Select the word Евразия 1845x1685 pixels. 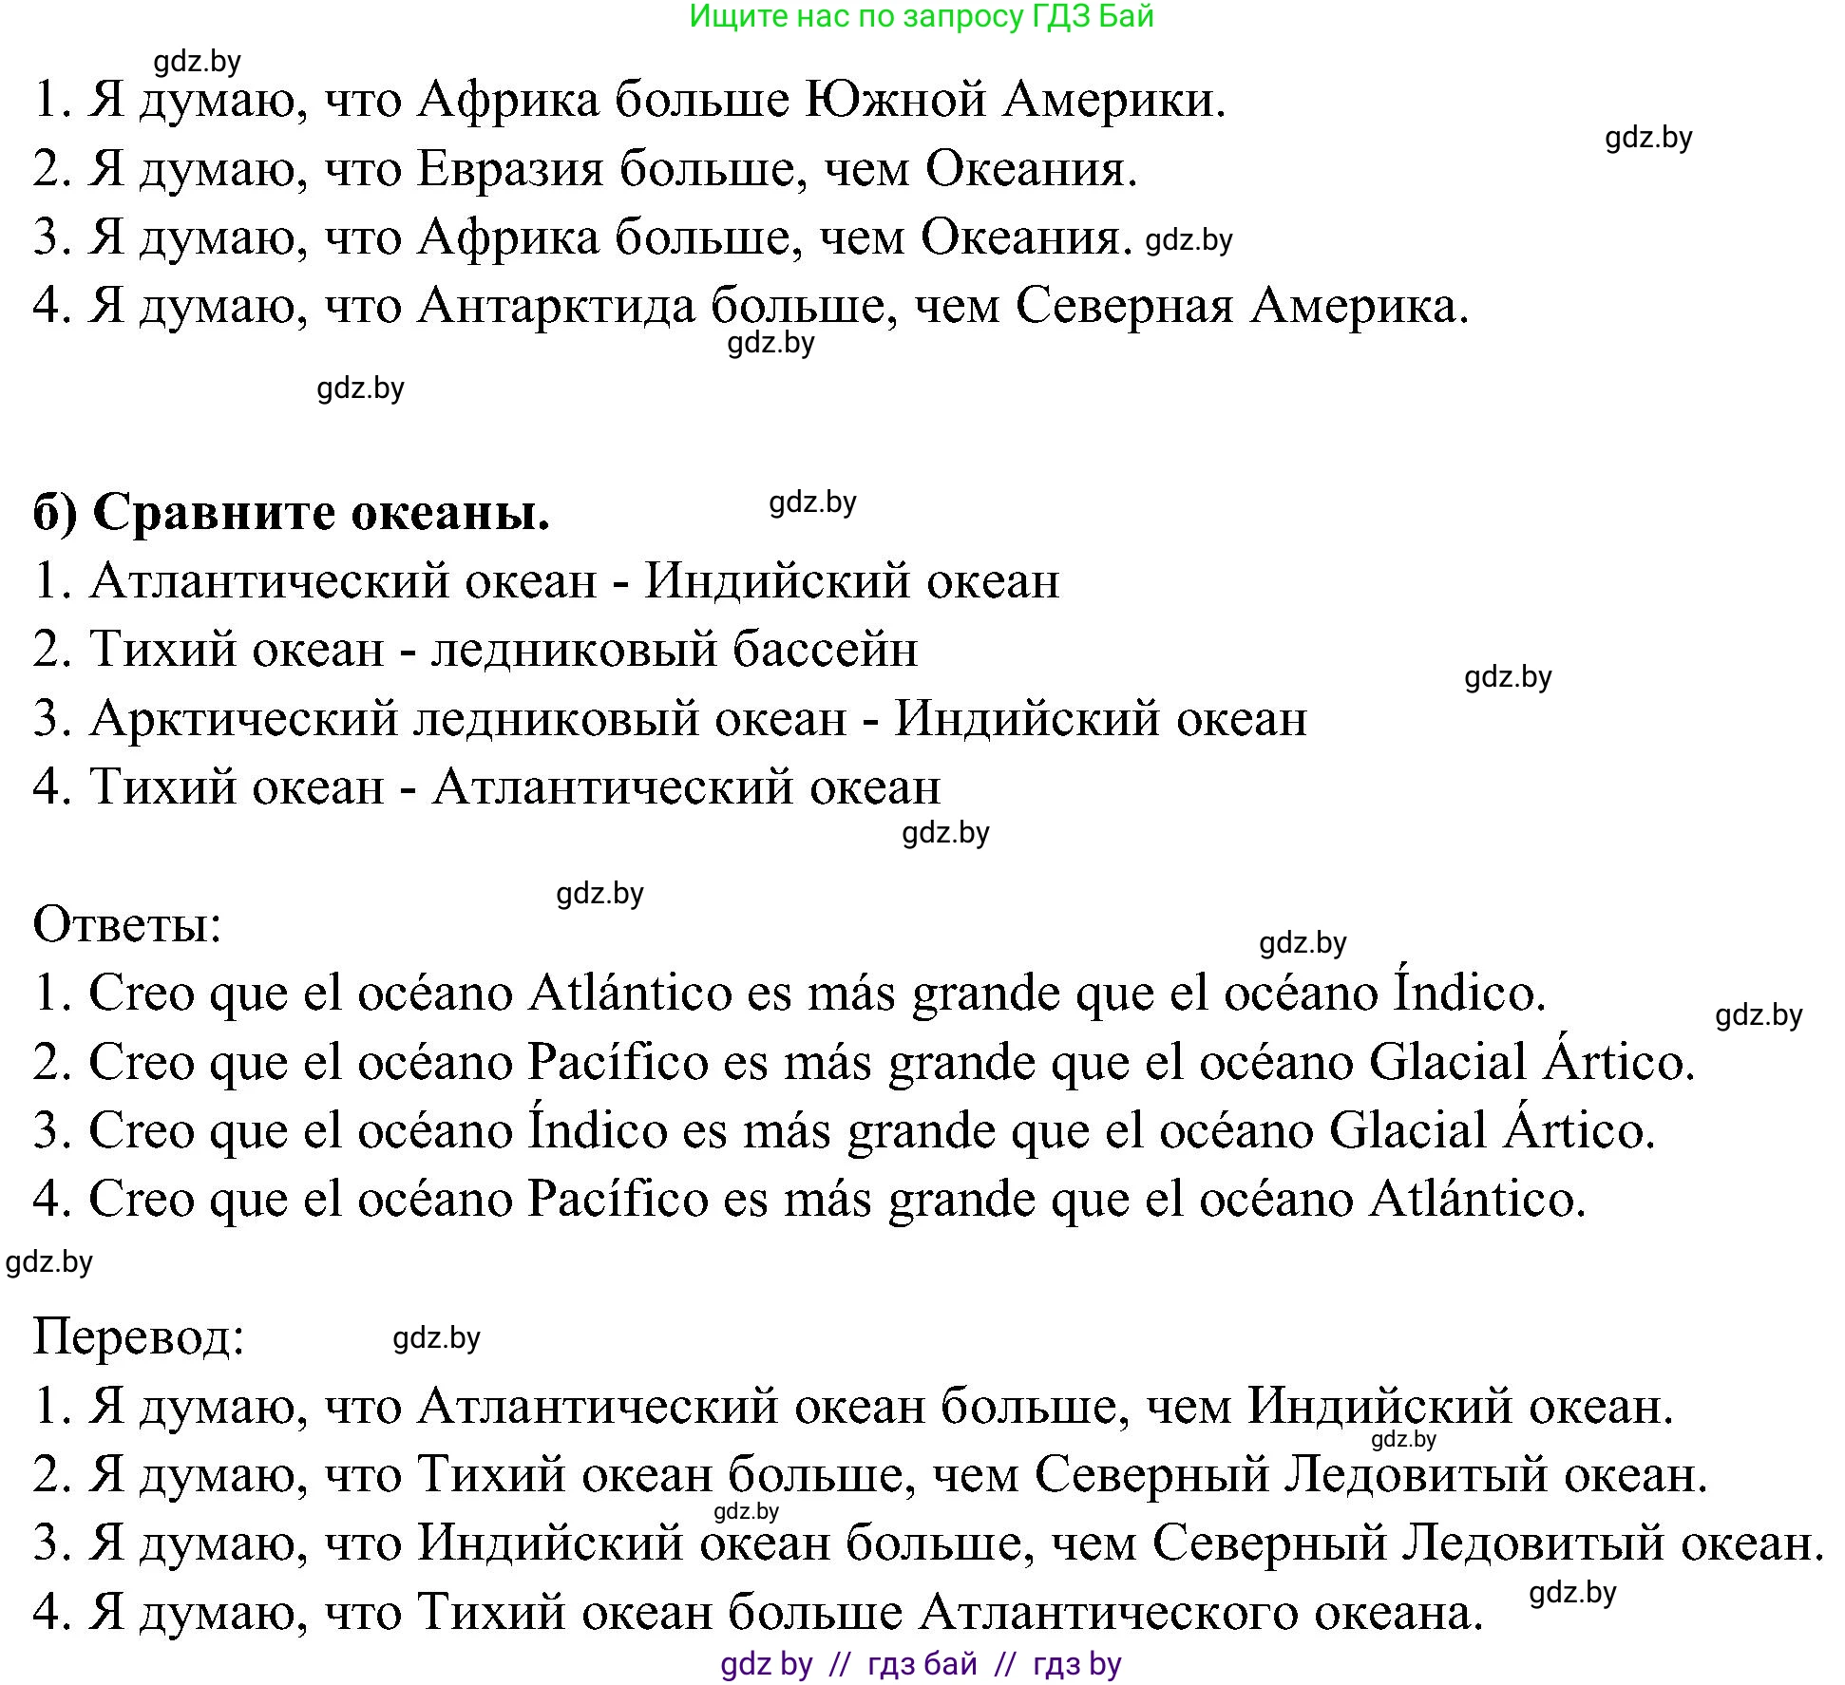(x=510, y=170)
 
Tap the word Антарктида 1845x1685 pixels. (x=557, y=307)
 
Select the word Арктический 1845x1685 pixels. (x=244, y=719)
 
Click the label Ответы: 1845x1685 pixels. (x=127, y=924)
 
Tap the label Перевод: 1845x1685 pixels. (x=139, y=1337)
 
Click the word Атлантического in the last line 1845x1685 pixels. (x=1109, y=1613)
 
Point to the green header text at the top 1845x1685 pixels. (x=921, y=16)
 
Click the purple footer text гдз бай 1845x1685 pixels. (x=922, y=1663)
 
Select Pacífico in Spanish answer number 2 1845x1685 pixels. (x=618, y=1062)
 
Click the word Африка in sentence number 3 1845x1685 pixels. (x=508, y=238)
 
